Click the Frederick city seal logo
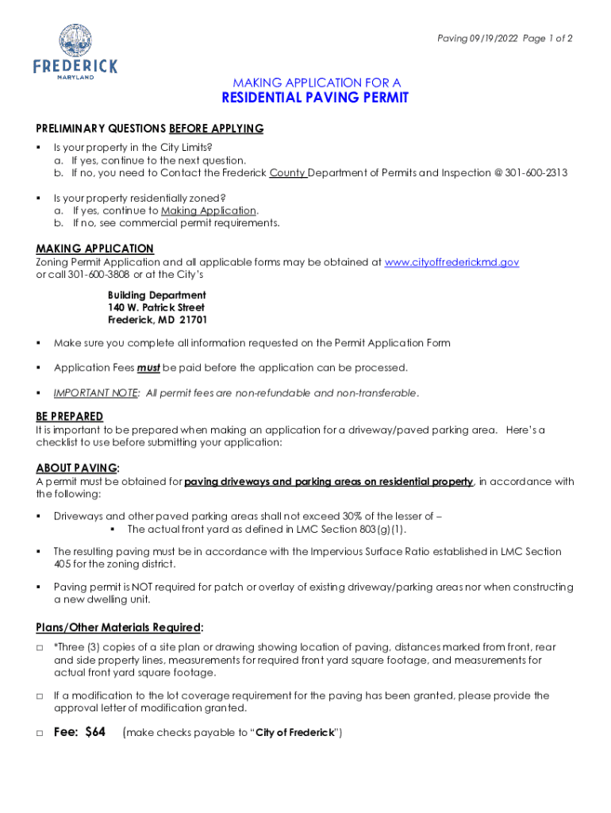(x=75, y=40)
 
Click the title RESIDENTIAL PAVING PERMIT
(x=316, y=98)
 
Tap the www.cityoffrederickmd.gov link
(x=452, y=262)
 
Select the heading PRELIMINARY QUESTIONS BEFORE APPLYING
(x=149, y=129)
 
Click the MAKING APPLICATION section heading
(x=94, y=249)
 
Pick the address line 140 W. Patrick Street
(x=156, y=307)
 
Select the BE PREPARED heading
(x=69, y=417)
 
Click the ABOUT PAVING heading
(x=77, y=468)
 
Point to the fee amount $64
(x=95, y=732)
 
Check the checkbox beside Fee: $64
(x=40, y=733)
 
